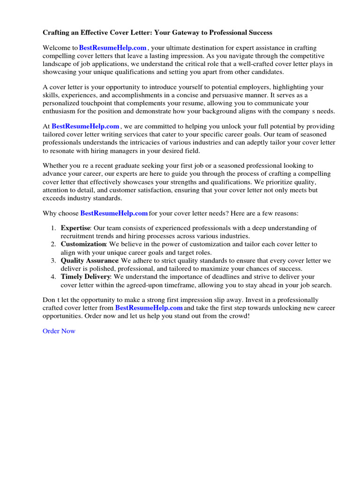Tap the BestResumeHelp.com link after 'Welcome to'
click(113, 48)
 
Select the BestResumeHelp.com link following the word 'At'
click(85, 127)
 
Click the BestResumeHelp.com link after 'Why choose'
click(114, 213)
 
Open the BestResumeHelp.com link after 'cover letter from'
click(149, 308)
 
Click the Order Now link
click(59, 331)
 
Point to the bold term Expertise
click(75, 228)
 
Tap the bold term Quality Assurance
click(89, 261)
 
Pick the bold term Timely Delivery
click(85, 277)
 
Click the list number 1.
click(52, 228)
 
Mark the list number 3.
click(52, 261)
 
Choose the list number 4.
click(52, 277)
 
